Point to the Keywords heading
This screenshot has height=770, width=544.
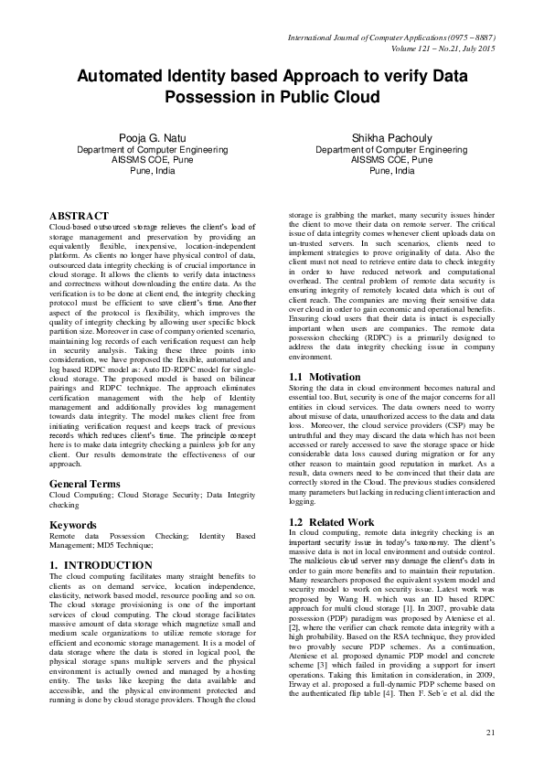[73, 525]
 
